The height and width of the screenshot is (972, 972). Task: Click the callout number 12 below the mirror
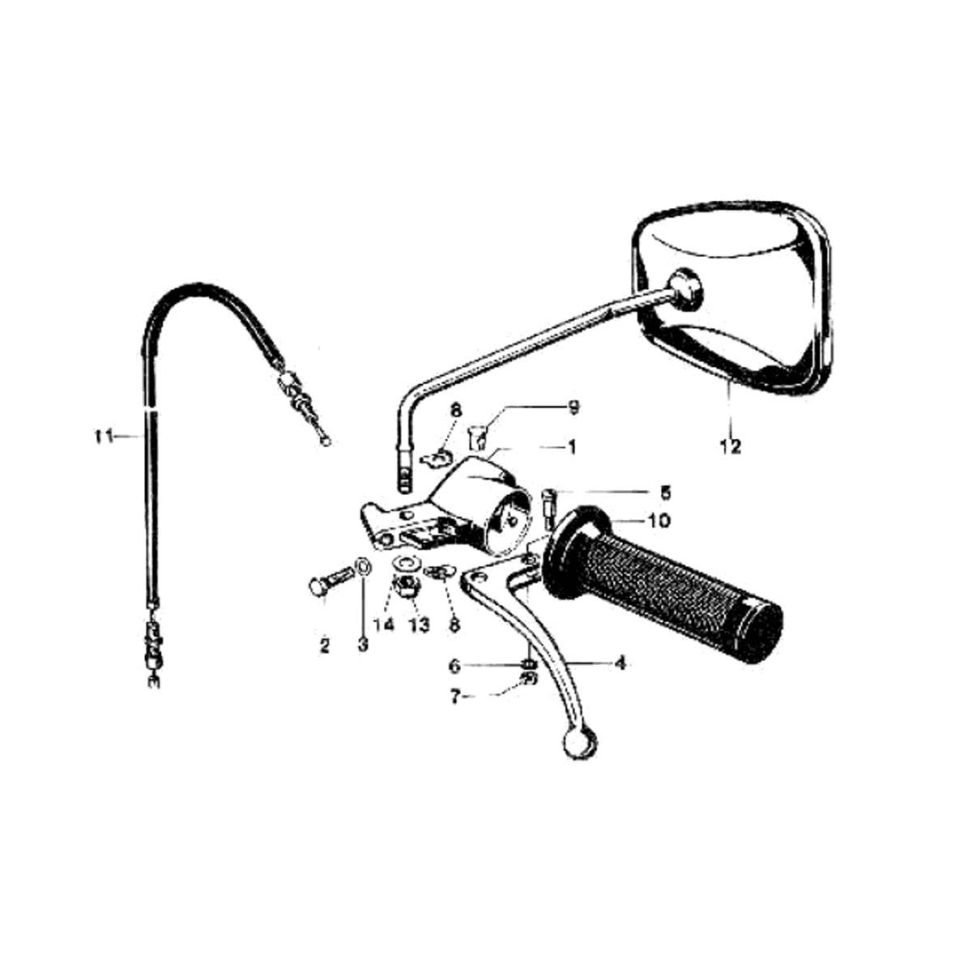click(x=731, y=446)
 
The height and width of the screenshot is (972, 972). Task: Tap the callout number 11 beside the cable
click(x=104, y=437)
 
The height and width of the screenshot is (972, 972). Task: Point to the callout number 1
click(x=572, y=447)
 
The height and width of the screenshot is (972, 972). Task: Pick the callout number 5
click(x=666, y=492)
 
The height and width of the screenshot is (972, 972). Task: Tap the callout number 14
click(x=385, y=625)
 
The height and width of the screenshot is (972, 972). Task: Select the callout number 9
click(x=573, y=407)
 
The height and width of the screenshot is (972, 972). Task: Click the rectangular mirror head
click(x=731, y=297)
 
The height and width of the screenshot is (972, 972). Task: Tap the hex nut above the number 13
click(x=407, y=586)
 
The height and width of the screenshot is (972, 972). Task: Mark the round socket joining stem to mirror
click(x=684, y=289)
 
